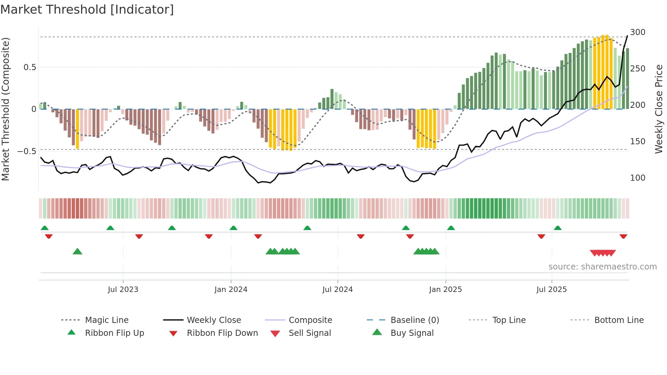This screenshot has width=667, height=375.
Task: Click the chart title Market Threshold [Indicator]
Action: pos(87,10)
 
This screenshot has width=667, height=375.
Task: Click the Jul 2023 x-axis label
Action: pos(123,290)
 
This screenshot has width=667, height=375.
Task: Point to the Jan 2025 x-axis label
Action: pos(445,290)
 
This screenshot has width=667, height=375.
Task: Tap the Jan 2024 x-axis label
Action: pos(231,290)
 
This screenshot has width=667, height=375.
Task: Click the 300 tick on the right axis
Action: pos(637,32)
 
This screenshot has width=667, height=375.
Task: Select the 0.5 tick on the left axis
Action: pos(30,67)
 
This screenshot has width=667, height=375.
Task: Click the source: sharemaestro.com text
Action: pos(602,267)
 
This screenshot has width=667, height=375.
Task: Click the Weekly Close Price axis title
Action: pos(659,109)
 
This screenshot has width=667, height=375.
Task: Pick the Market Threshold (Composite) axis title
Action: pos(5,109)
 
